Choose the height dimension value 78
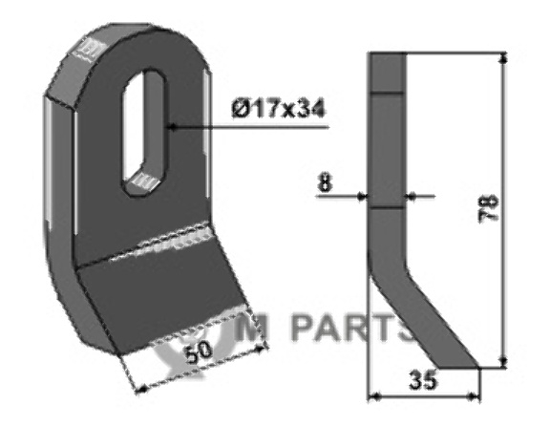tap(487, 210)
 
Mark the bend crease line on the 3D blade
tap(143, 248)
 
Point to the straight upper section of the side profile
tap(388, 143)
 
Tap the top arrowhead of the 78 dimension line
tap(503, 57)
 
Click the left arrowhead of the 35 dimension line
tap(373, 394)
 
